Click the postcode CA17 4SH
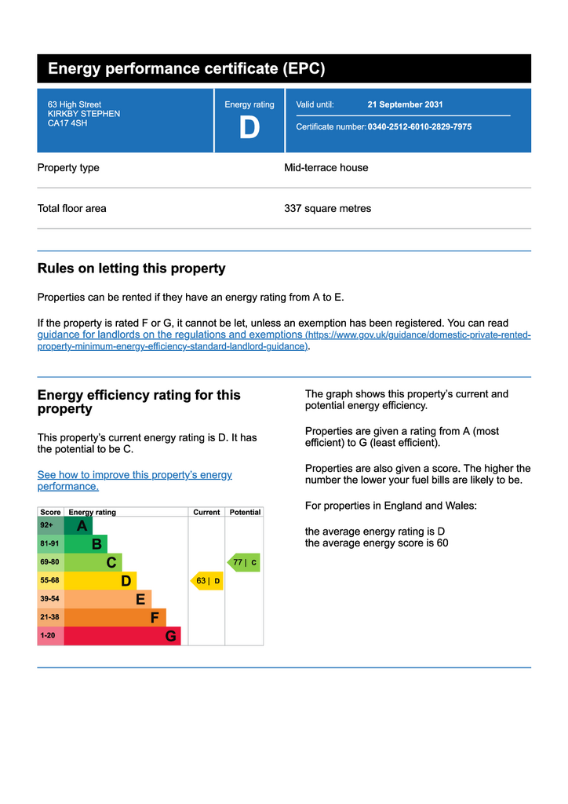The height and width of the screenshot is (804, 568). (x=67, y=123)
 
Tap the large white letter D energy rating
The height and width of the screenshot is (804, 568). (x=249, y=128)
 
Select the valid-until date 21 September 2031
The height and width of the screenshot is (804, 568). (x=405, y=104)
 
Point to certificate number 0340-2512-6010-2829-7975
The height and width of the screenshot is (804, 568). (x=419, y=126)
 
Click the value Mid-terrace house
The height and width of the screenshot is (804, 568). (x=326, y=168)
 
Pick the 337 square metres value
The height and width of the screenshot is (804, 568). (x=327, y=209)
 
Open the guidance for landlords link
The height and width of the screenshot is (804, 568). (x=171, y=334)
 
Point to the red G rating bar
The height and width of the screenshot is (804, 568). (x=123, y=636)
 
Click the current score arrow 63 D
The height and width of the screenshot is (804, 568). (x=207, y=581)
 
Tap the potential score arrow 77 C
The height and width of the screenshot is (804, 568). (x=244, y=562)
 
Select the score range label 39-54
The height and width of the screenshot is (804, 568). (x=49, y=599)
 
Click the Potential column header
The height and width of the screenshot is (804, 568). (x=245, y=512)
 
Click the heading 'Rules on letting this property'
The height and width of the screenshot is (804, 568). (x=131, y=269)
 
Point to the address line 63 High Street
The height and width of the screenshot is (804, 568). (x=75, y=104)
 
